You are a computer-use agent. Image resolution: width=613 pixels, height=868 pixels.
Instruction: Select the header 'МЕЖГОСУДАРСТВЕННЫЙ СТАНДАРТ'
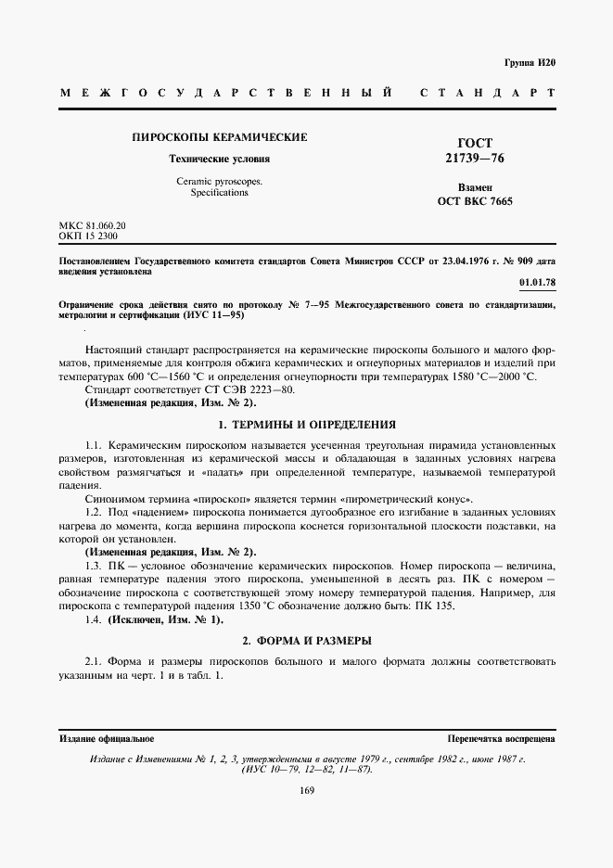click(x=307, y=94)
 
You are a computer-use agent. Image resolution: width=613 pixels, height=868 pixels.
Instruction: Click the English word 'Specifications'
click(x=219, y=193)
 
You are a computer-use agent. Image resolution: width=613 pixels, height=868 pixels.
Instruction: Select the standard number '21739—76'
click(x=475, y=160)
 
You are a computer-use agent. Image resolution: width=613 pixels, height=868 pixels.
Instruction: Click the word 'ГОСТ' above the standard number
click(x=475, y=144)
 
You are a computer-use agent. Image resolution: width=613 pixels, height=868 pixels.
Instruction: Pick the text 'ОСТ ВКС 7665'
click(x=475, y=201)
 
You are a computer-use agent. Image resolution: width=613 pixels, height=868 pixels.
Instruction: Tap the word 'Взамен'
click(x=475, y=186)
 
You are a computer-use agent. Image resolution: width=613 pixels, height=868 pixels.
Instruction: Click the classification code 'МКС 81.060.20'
click(x=92, y=225)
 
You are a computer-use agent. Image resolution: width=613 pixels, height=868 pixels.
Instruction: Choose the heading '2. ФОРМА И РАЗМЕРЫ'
click(x=306, y=641)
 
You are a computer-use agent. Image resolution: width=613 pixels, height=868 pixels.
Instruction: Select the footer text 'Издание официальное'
click(x=106, y=739)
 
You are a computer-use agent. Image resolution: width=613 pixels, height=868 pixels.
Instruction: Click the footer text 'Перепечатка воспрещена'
click(x=500, y=739)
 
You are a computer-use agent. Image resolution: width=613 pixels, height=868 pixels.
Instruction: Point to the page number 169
click(x=307, y=790)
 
